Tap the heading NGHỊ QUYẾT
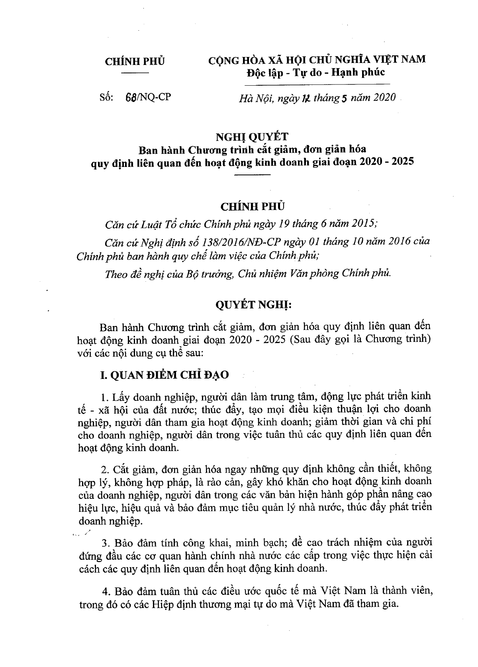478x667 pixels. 251,137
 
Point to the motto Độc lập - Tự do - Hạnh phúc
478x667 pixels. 315,72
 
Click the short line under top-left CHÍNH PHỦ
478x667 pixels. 135,73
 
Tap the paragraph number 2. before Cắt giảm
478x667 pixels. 106,469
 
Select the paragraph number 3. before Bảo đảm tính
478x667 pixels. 106,543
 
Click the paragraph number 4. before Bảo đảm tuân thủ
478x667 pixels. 106,590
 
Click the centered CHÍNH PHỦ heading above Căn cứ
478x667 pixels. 253,206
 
